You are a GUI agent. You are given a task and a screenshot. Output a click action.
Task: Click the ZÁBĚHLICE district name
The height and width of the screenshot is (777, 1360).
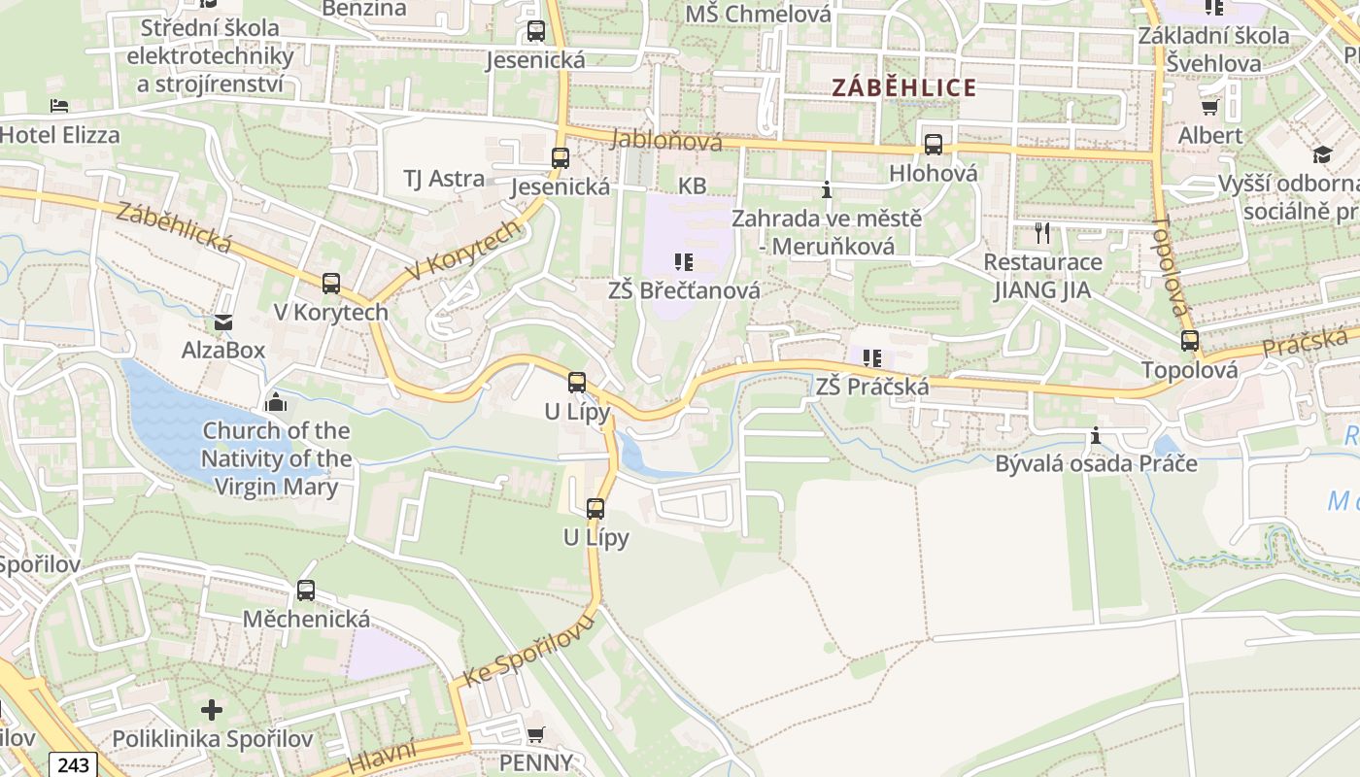pos(903,88)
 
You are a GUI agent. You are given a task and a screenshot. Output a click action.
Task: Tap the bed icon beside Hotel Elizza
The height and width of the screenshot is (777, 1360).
pos(59,106)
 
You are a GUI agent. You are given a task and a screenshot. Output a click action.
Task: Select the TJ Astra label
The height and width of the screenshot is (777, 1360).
pos(444,179)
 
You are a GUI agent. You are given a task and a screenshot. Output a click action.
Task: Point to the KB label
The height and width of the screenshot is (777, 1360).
pos(692,186)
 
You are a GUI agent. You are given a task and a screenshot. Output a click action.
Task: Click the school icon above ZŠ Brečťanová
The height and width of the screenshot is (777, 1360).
pos(683,262)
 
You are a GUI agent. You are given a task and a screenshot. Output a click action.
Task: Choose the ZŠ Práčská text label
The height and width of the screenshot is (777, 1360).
pos(871,387)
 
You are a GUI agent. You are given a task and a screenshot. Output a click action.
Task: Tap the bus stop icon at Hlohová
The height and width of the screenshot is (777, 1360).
pos(933,145)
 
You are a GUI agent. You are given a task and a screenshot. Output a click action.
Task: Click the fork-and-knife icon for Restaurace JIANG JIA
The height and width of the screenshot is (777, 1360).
pos(1042,233)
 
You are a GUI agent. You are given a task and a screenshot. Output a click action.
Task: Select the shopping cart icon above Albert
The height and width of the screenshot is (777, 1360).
pos(1209,107)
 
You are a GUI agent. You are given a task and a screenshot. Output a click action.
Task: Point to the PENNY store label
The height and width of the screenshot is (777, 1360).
pos(535,762)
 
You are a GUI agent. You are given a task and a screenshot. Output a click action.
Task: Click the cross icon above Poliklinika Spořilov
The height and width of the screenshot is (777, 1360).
pos(212,710)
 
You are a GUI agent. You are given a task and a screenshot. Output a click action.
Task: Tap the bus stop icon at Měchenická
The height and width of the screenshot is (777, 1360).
pos(306,591)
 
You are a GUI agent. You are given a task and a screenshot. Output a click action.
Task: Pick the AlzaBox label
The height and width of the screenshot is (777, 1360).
pos(223,350)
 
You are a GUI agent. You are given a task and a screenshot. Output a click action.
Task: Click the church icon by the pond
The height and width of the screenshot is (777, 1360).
pos(276,401)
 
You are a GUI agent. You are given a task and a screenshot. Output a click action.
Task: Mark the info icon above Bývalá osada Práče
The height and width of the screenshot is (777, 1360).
pos(1096,436)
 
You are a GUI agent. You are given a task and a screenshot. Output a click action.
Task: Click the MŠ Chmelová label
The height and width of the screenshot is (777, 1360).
pos(758,14)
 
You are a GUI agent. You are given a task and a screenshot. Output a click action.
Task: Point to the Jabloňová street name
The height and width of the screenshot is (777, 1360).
pos(667,142)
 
